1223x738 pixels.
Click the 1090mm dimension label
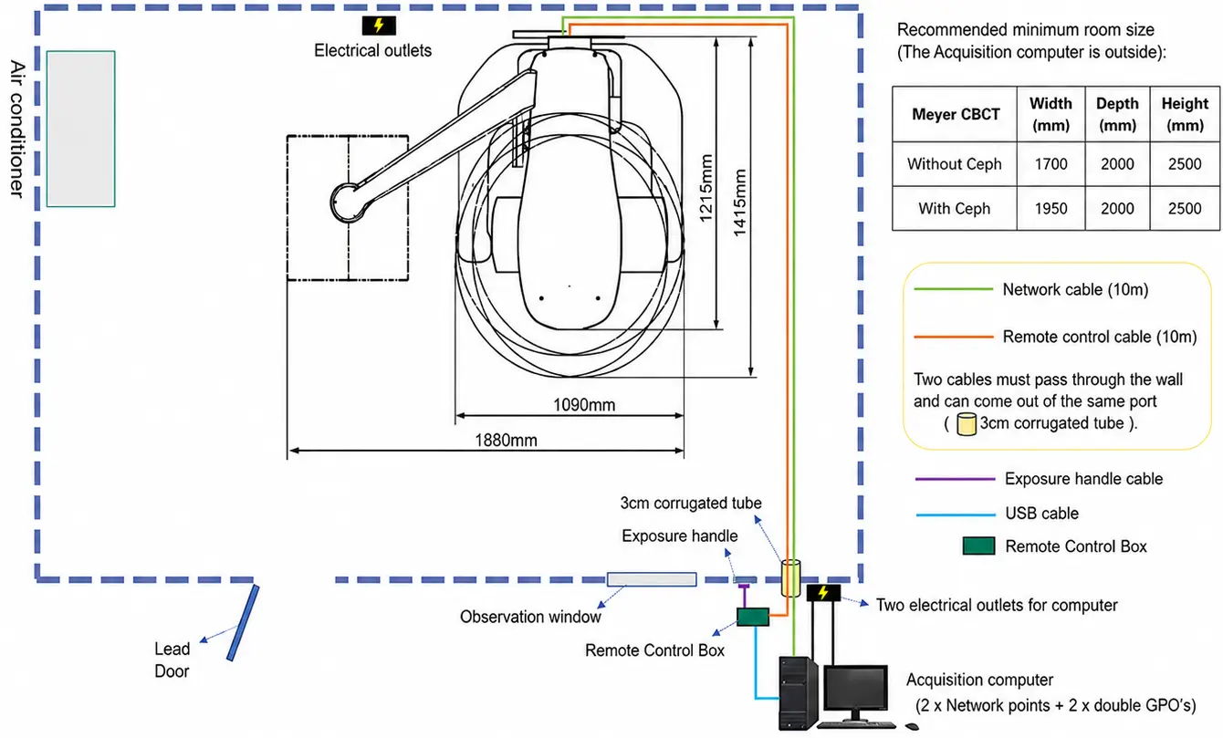coord(583,405)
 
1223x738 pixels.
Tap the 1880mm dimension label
coord(506,440)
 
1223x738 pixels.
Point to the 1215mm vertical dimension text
coord(706,188)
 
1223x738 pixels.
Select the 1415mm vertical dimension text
coord(739,203)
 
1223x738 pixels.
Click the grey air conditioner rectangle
coord(81,129)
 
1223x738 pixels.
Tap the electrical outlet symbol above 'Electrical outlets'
coord(379,26)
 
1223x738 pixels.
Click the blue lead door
coord(243,623)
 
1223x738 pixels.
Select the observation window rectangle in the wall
coord(652,579)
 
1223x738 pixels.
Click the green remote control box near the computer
coord(753,617)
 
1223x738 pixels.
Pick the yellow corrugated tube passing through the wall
coord(790,577)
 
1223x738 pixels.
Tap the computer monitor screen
coord(855,690)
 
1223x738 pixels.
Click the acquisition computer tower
coord(798,692)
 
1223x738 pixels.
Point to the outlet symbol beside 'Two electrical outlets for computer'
coord(823,592)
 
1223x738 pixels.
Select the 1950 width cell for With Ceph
coord(1051,209)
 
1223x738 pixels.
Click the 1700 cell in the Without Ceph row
coord(1051,164)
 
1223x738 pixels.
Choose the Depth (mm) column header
coord(1117,114)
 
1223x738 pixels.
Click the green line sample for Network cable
coord(953,289)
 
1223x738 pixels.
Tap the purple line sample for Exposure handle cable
coord(955,479)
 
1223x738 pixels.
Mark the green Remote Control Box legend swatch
coord(978,546)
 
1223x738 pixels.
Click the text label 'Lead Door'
coord(172,660)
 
